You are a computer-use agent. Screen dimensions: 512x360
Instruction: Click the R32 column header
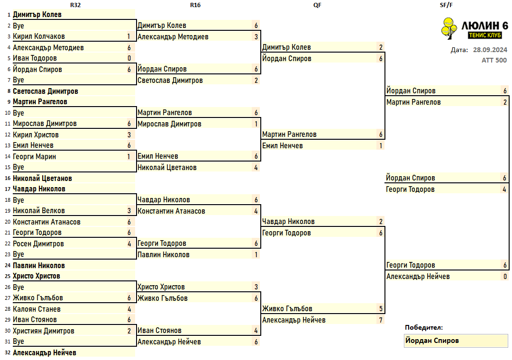[75, 5]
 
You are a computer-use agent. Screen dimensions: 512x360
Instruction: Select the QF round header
[317, 5]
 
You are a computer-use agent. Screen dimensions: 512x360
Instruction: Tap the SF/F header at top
[446, 5]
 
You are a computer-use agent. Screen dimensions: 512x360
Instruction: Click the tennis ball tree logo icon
[449, 28]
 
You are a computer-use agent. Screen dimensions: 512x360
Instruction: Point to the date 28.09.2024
[490, 50]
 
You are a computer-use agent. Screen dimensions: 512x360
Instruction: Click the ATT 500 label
[494, 60]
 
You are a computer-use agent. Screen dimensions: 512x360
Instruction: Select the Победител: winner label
[424, 327]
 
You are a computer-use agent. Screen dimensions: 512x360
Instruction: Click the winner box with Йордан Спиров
[456, 341]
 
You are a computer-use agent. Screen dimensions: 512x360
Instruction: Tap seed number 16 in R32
[8, 178]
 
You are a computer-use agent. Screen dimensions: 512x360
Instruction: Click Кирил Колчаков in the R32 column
[39, 36]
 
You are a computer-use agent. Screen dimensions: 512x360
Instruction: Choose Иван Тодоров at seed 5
[35, 58]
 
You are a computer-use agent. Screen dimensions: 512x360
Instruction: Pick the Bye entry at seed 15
[18, 167]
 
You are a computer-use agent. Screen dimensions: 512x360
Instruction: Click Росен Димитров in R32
[38, 243]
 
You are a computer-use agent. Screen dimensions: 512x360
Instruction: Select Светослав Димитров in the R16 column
[170, 81]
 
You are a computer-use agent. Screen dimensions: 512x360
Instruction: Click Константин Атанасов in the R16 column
[172, 211]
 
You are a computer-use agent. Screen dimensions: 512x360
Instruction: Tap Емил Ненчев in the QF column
[283, 145]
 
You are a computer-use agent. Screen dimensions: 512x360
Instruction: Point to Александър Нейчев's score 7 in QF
[381, 320]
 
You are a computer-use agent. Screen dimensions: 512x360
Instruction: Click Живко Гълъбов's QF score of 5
[381, 308]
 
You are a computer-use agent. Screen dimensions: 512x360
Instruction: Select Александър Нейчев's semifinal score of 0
[505, 277]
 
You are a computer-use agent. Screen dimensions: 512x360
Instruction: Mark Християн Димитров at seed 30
[44, 331]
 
